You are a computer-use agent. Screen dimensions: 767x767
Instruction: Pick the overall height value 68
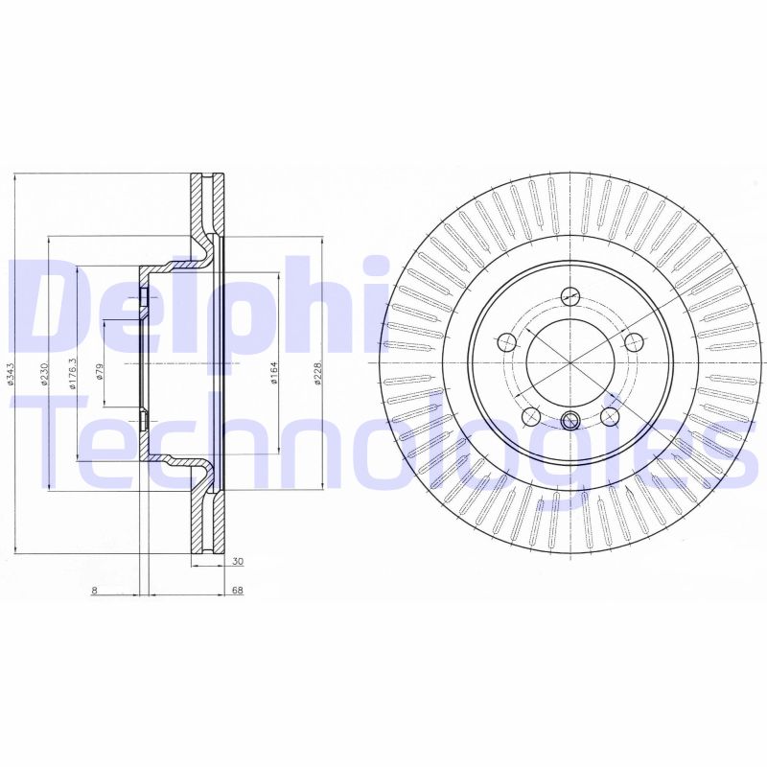pos(237,591)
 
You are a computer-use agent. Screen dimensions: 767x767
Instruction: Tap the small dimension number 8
pos(94,591)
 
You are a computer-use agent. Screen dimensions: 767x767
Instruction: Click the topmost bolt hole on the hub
pos(570,295)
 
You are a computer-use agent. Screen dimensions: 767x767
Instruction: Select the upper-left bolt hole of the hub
pos(507,339)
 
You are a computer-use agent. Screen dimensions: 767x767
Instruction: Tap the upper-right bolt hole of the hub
pos(633,339)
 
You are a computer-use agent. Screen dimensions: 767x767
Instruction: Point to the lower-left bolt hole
pos(529,415)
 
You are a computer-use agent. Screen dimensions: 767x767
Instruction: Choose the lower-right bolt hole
pos(609,415)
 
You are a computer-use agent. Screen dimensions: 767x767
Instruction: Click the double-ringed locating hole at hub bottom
pos(570,419)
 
